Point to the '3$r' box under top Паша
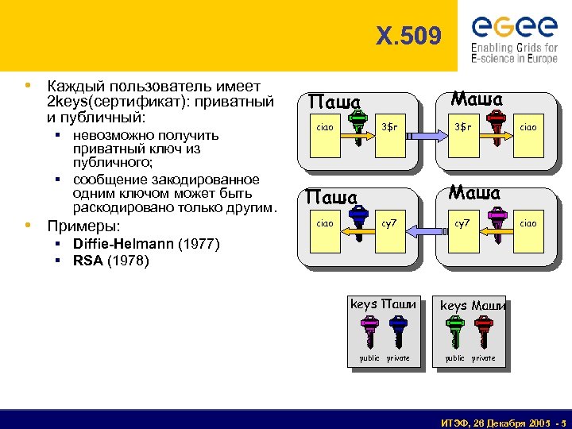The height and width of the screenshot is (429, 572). [x=389, y=127]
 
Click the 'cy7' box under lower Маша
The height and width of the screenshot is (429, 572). [x=462, y=223]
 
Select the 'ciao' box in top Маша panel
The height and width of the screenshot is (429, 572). [x=528, y=127]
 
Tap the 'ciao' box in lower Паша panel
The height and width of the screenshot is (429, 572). [x=325, y=223]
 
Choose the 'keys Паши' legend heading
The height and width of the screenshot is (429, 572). [x=383, y=304]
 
